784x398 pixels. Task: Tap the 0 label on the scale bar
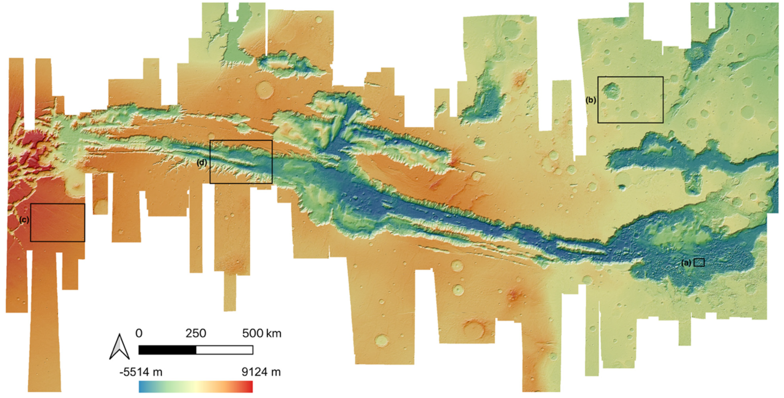[139, 333]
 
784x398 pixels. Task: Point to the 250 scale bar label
[196, 333]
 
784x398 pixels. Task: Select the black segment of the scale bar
[167, 350]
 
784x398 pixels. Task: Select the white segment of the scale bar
[224, 350]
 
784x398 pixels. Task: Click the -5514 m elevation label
[141, 372]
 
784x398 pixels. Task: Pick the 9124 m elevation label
[261, 372]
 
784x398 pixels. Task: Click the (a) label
[686, 263]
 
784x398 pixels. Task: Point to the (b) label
[591, 100]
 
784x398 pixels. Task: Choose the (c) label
[24, 220]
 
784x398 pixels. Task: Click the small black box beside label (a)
[699, 262]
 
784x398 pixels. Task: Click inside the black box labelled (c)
[58, 223]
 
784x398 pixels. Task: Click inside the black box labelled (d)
[241, 162]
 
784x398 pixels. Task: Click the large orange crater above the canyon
[265, 90]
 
